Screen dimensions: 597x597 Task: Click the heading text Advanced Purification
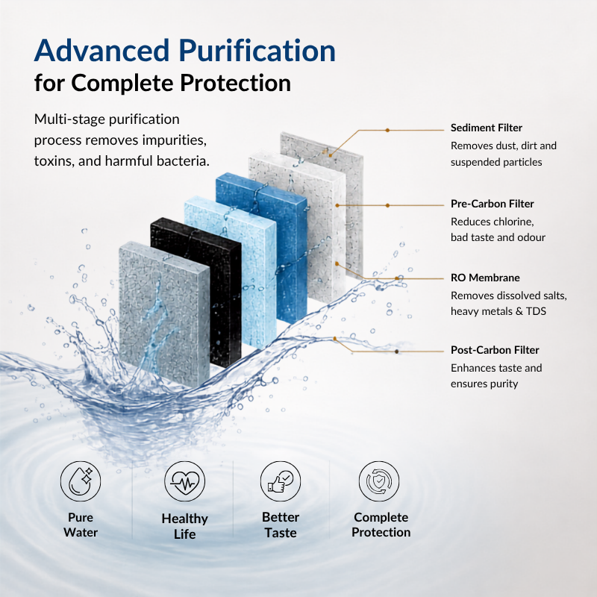click(184, 50)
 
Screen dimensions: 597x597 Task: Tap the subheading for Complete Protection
click(163, 83)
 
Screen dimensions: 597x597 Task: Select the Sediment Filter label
click(487, 128)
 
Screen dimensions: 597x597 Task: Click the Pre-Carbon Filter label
click(493, 204)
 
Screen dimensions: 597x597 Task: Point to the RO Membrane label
click(485, 278)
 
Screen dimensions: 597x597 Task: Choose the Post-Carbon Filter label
click(495, 350)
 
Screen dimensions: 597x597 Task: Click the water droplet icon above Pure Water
click(81, 481)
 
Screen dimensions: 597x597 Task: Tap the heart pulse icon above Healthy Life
click(184, 481)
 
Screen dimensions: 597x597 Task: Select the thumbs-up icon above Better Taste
click(281, 481)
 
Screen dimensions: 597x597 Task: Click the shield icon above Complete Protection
click(379, 481)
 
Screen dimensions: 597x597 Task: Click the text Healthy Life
click(184, 526)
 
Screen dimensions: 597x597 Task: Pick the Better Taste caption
click(281, 525)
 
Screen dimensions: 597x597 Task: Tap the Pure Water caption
click(81, 525)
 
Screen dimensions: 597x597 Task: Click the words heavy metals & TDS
click(498, 311)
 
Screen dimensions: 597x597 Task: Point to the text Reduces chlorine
click(493, 222)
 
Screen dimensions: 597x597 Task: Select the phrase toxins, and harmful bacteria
click(122, 161)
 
